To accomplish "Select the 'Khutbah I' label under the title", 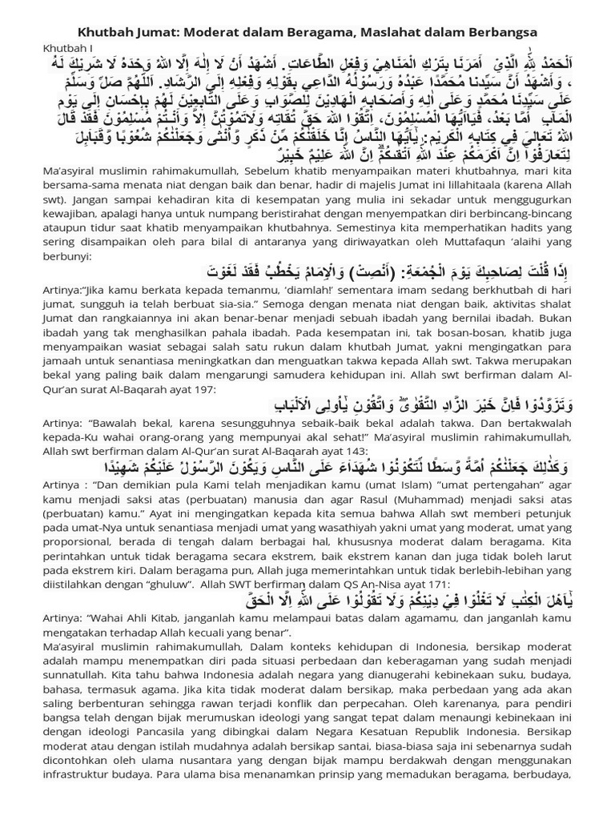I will pyautogui.click(x=65, y=48).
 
